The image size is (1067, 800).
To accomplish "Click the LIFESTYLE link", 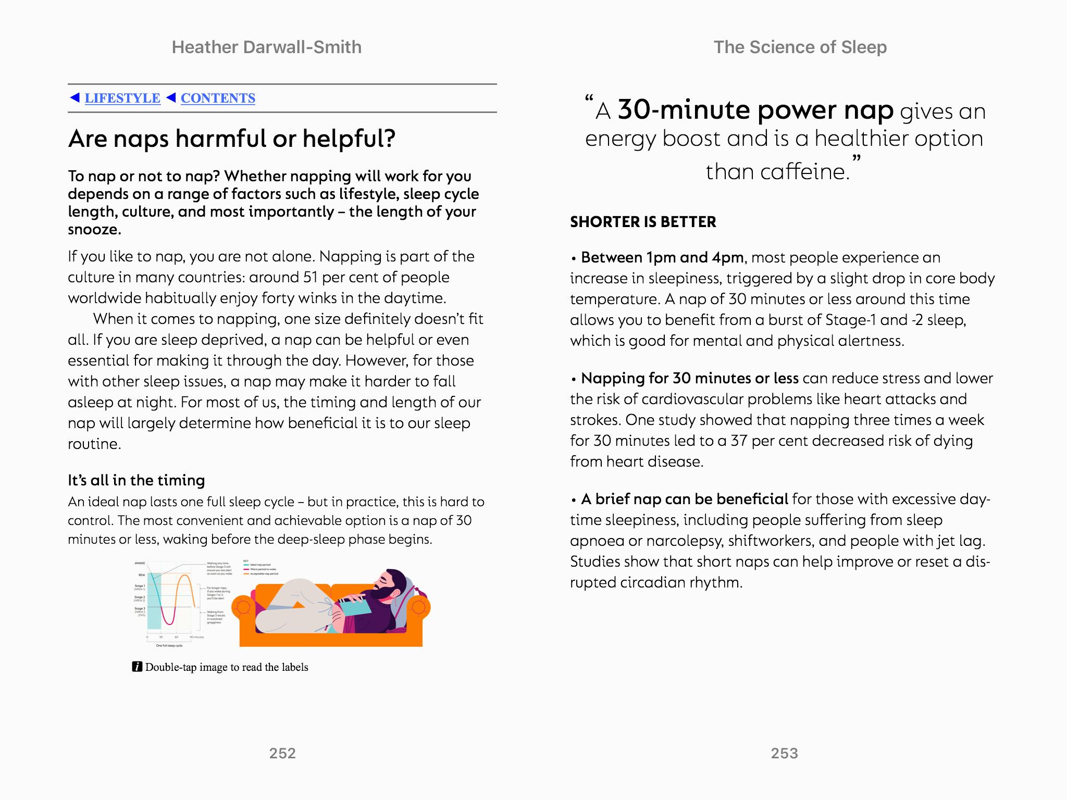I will coord(122,98).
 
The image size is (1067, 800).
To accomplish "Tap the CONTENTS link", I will coord(218,98).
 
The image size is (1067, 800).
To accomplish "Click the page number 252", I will coord(282,753).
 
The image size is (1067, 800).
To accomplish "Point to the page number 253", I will coord(784,753).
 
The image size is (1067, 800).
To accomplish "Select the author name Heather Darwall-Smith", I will coord(266,47).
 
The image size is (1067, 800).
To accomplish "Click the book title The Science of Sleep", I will coord(800,47).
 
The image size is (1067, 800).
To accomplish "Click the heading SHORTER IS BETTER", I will coord(643,222).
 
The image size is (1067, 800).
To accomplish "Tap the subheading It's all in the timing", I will coord(137,480).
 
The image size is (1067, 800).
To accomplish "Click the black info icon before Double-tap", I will coord(137,667).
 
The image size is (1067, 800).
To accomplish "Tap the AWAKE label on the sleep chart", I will coord(140,564).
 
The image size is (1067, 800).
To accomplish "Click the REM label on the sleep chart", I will coord(141,575).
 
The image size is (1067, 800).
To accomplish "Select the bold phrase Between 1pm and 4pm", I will coord(662,257).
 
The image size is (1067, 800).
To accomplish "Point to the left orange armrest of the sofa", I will coord(242,607).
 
